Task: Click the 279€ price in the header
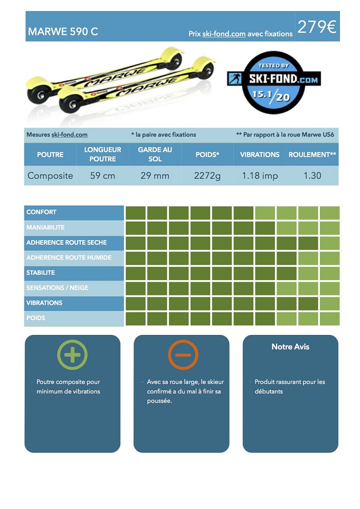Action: [x=317, y=27]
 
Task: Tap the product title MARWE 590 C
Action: [x=63, y=32]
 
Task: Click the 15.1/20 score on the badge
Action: [x=271, y=96]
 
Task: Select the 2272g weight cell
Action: [x=207, y=176]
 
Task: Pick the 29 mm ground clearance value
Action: [x=155, y=176]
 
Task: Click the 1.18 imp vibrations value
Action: [x=260, y=176]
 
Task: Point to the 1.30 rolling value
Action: [x=312, y=176]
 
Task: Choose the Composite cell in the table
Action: [x=50, y=176]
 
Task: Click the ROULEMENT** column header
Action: [x=312, y=155]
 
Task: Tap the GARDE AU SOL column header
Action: [x=155, y=154]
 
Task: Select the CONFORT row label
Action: [x=41, y=212]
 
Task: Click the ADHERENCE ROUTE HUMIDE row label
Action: [x=69, y=257]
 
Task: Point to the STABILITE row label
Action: [x=41, y=273]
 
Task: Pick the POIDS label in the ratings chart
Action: [x=36, y=318]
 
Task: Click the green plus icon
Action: [x=72, y=354]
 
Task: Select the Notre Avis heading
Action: [x=290, y=347]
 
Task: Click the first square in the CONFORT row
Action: [x=136, y=213]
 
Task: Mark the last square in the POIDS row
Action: [x=329, y=319]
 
